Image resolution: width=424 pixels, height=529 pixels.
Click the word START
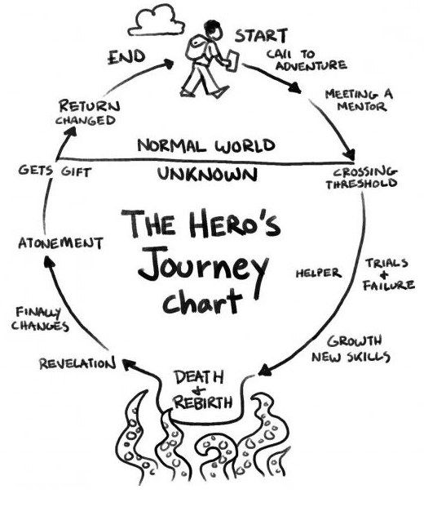[x=260, y=36]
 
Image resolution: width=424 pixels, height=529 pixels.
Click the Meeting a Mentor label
[x=358, y=100]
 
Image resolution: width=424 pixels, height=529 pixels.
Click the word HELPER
[x=317, y=273]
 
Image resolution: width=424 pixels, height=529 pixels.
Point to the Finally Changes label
[x=42, y=318]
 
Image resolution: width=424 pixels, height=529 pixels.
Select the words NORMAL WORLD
[x=205, y=146]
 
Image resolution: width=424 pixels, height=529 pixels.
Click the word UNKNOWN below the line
[x=207, y=174]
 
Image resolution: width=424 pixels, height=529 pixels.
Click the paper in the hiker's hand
[x=232, y=60]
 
